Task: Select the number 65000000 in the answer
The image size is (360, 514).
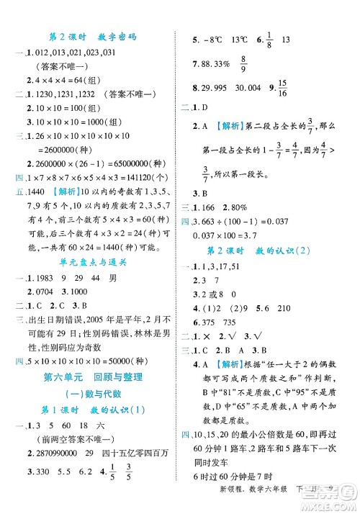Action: pos(128,166)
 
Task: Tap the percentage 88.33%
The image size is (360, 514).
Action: pos(217,63)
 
